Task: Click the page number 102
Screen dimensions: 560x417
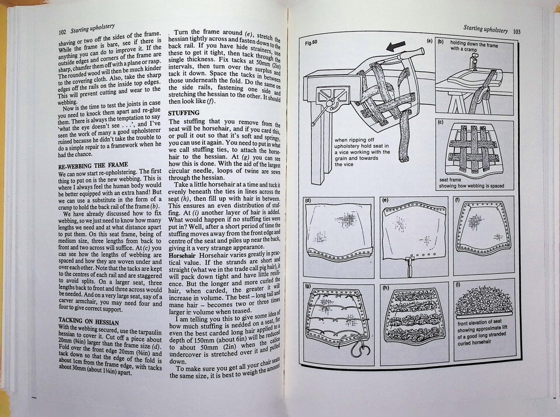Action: pyautogui.click(x=62, y=33)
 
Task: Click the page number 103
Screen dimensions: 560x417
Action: pyautogui.click(x=516, y=31)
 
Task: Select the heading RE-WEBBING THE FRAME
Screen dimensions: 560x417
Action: pyautogui.click(x=93, y=165)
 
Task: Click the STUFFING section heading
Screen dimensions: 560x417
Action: pyautogui.click(x=184, y=113)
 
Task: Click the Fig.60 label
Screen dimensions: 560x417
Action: pyautogui.click(x=311, y=43)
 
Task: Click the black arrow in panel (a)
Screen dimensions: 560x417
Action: pyautogui.click(x=396, y=46)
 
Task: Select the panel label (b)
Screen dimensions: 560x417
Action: pyautogui.click(x=440, y=42)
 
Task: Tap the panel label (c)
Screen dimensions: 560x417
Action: pyautogui.click(x=440, y=122)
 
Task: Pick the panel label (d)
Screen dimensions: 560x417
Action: pyautogui.click(x=308, y=200)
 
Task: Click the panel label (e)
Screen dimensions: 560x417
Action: pyautogui.click(x=385, y=200)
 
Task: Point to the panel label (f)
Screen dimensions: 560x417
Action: pyautogui.click(x=457, y=200)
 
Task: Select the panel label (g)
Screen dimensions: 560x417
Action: pyautogui.click(x=308, y=286)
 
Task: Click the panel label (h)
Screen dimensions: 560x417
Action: pyautogui.click(x=386, y=287)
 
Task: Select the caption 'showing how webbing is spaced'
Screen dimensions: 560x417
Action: pyautogui.click(x=471, y=186)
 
